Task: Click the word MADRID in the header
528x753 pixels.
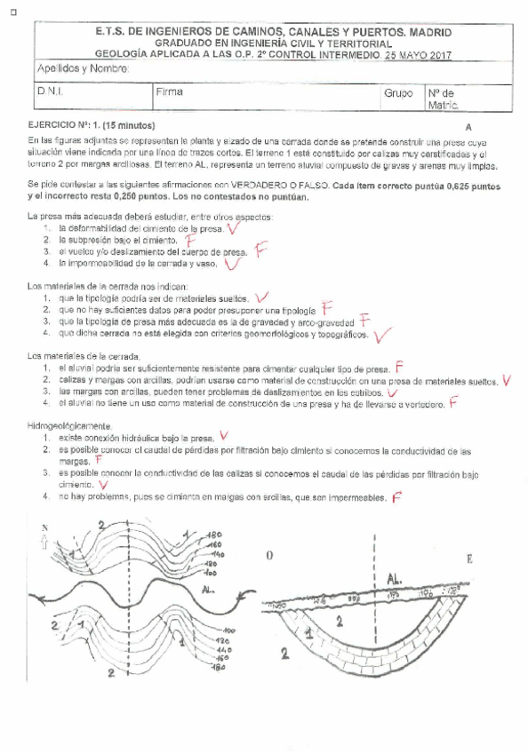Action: (428, 32)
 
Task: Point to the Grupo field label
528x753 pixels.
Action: (399, 92)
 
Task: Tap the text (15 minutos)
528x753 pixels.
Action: (131, 126)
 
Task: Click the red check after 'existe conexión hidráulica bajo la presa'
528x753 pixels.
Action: (224, 436)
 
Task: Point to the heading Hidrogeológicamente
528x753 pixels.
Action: (70, 426)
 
